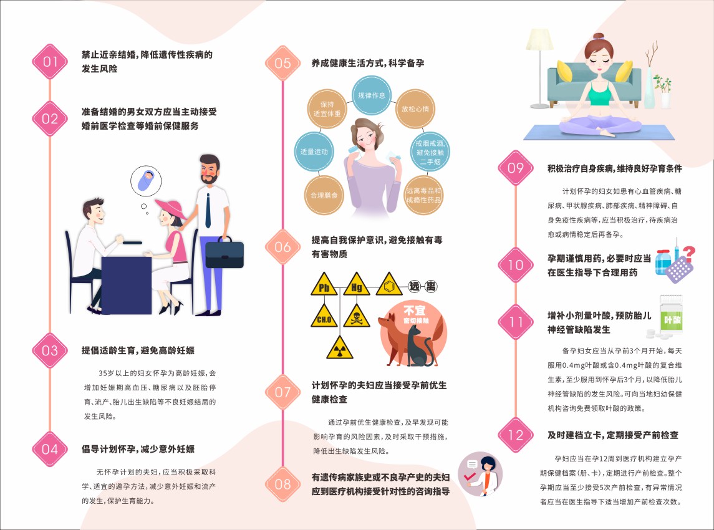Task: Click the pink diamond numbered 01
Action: point(50,61)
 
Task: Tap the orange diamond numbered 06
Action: point(282,247)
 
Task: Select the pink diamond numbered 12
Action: point(516,435)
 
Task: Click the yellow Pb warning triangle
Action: point(324,286)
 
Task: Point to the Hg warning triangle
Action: point(356,286)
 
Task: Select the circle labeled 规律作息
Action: point(371,96)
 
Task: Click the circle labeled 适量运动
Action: point(314,152)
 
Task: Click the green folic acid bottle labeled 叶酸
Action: point(672,318)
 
